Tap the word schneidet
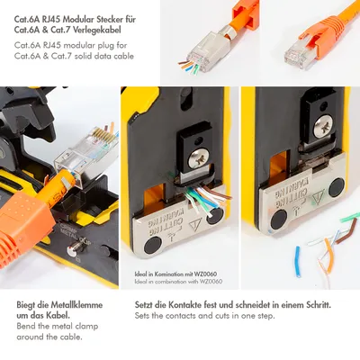pos(249,305)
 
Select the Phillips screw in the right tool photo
pos(323,125)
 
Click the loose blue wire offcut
pos(298,261)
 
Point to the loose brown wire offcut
pos(347,231)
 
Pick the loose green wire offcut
pos(350,217)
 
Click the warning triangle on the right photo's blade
pos(319,198)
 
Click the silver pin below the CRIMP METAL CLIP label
pos(72,250)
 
